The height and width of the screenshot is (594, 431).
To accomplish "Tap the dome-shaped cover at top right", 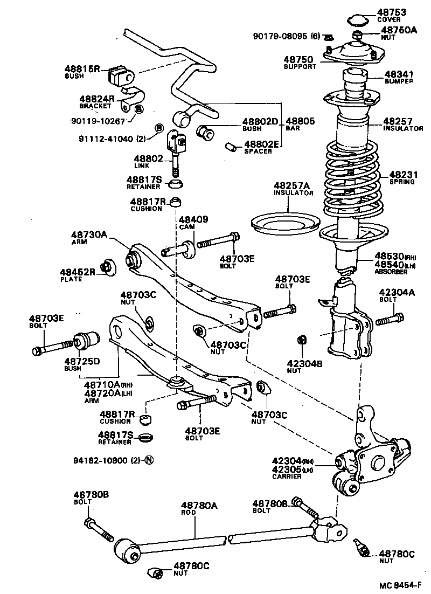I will pos(355,20).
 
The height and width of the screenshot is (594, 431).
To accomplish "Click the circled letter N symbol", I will pos(150,460).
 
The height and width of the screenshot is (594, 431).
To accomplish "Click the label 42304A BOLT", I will pos(397,295).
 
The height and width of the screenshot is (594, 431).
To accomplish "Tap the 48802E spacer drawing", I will pos(231,146).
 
